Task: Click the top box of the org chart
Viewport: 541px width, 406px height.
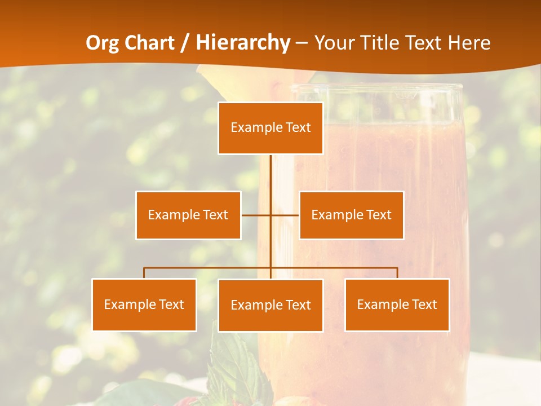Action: point(270,128)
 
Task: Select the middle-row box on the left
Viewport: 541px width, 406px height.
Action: point(188,215)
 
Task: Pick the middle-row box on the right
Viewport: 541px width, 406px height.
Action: point(351,215)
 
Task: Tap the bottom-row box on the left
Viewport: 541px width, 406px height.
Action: point(144,304)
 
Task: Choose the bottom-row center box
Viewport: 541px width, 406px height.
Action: point(270,305)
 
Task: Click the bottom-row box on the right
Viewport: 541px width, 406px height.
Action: point(397,304)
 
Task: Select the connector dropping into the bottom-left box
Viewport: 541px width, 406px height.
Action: point(144,272)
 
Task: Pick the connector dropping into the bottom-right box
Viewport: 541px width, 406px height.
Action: point(397,272)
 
